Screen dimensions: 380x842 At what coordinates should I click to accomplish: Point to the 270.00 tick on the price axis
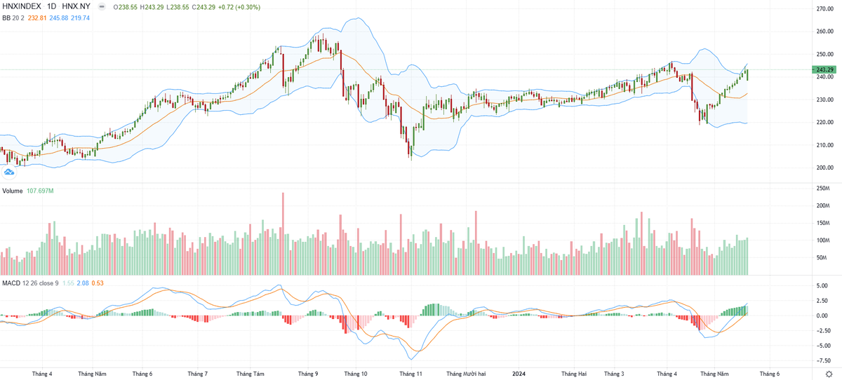click(x=823, y=9)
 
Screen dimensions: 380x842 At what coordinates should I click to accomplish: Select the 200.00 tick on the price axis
click(x=823, y=168)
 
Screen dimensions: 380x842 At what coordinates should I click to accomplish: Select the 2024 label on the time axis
click(x=519, y=374)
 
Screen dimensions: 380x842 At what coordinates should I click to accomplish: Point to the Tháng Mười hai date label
click(x=462, y=374)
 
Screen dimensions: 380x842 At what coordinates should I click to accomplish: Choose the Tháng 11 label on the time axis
click(x=410, y=374)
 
